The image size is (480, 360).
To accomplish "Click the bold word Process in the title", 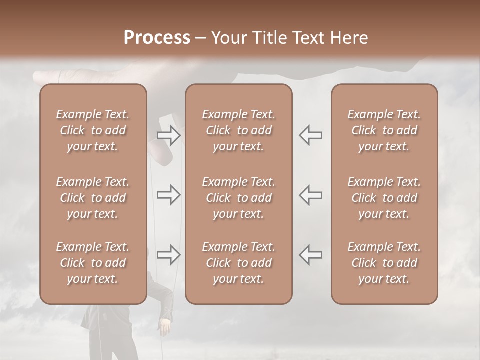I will tap(157, 38).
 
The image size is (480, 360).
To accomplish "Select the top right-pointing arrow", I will tap(169, 135).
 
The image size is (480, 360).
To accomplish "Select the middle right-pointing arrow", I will tap(169, 195).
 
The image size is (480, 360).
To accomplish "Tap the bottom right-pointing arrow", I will tap(169, 255).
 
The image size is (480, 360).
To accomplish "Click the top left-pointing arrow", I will tap(311, 135).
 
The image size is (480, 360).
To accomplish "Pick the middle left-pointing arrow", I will tap(311, 195).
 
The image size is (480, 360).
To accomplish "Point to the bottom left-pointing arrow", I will tap(311, 255).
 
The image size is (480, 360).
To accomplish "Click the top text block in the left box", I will tap(93, 130).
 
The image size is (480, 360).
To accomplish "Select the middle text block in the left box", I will tap(93, 198).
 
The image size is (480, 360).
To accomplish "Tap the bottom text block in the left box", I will tap(93, 263).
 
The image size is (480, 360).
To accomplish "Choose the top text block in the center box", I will tap(238, 130).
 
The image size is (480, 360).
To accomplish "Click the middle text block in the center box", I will tap(238, 198).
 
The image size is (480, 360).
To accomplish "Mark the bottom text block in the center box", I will tap(238, 263).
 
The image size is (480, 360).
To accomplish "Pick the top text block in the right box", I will tap(384, 130).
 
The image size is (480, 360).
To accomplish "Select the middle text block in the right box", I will tap(384, 198).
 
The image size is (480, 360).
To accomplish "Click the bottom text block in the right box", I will tap(384, 263).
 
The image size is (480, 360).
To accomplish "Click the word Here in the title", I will tap(349, 38).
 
